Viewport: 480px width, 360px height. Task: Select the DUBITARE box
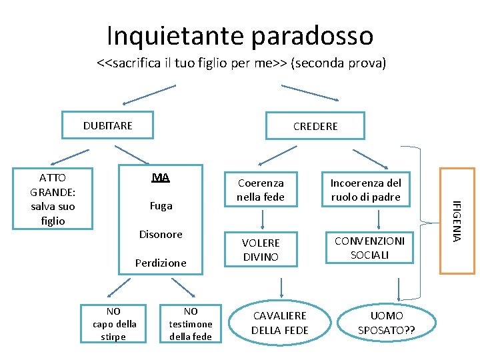coord(108,125)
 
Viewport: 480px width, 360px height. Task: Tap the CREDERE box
coord(315,126)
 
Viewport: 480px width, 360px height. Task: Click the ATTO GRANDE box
coord(53,199)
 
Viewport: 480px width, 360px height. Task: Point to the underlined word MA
coord(161,177)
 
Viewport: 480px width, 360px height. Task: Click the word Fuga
coord(161,206)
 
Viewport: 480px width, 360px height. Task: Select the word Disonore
coord(161,235)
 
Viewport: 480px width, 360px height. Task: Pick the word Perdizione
coord(161,263)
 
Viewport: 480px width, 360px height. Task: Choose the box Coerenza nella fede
coord(260,190)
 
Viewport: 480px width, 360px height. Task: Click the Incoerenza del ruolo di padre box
coord(366,190)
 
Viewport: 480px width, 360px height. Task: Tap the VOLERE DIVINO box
coord(260,249)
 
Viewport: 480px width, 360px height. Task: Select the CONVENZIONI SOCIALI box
coord(370,248)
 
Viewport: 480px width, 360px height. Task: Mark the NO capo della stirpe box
coord(113,323)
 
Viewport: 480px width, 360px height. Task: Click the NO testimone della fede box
coord(191,323)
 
